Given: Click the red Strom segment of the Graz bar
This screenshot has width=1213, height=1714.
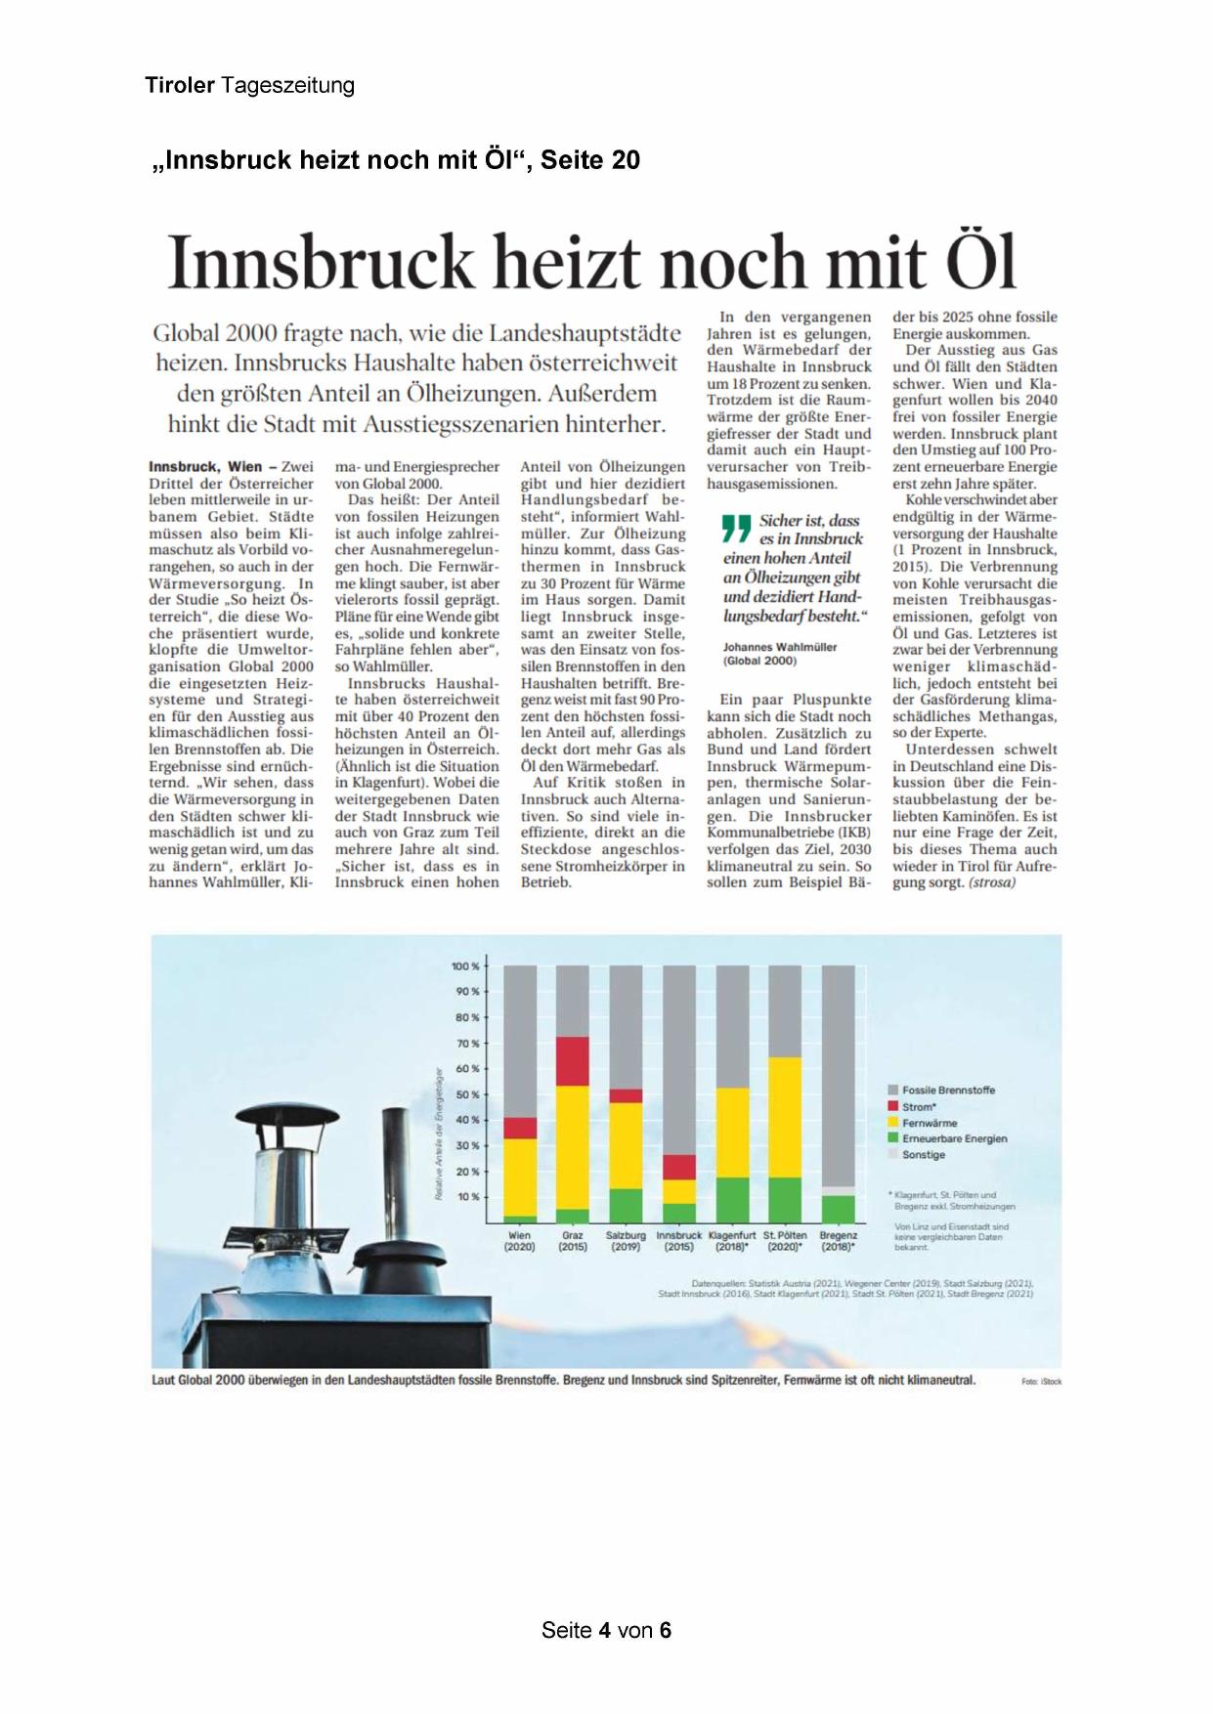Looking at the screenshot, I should [573, 1061].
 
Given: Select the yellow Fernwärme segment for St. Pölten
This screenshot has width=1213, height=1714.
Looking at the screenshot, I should [785, 1117].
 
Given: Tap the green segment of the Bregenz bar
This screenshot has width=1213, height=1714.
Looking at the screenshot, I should [839, 1209].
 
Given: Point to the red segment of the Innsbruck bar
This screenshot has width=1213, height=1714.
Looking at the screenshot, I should [679, 1167].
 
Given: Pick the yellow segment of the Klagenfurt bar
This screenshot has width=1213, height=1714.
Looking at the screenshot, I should [732, 1133].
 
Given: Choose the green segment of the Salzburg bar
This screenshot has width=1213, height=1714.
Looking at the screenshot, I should [626, 1205].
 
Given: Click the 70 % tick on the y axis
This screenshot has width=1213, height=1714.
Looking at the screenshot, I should [467, 1044].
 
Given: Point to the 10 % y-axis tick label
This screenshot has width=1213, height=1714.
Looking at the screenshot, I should [467, 1196].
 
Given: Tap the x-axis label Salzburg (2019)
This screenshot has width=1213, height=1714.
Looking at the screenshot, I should [626, 1241].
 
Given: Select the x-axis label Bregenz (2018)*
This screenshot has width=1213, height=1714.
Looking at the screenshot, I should [839, 1241].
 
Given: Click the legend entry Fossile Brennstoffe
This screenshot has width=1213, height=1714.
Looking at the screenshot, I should [947, 1090].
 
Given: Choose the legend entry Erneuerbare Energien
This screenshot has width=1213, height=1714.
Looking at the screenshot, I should [953, 1138].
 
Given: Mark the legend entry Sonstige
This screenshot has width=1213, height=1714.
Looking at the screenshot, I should [923, 1155].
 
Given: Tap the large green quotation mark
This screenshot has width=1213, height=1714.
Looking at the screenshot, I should [735, 529].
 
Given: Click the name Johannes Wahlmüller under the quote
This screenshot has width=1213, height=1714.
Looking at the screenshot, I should [780, 647].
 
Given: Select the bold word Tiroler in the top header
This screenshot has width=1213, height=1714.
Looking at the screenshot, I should [180, 86].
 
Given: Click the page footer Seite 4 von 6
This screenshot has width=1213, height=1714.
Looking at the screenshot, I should [606, 1630].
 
